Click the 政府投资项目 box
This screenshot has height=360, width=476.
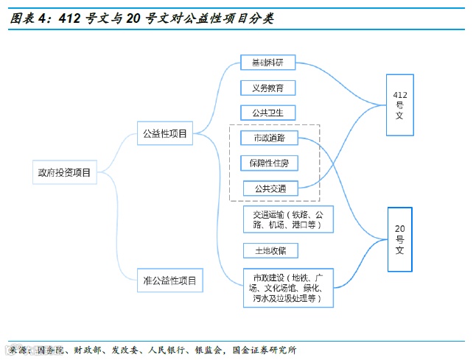[x=64, y=174]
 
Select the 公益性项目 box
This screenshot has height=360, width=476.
[x=164, y=134]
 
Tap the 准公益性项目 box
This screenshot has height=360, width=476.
[x=169, y=280]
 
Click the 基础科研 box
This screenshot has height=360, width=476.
[x=268, y=63]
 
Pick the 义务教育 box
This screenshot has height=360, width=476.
[x=268, y=88]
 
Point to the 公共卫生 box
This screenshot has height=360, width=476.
[x=268, y=113]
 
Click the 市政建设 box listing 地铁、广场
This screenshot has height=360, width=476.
[x=288, y=289]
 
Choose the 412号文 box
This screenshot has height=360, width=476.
[x=400, y=105]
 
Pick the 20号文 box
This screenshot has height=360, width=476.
[x=400, y=239]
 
